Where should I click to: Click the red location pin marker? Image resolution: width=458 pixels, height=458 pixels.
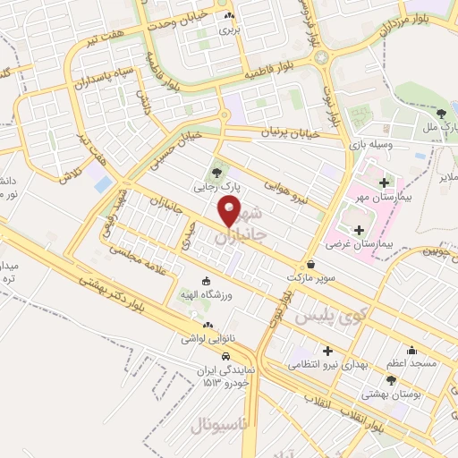click(x=230, y=212)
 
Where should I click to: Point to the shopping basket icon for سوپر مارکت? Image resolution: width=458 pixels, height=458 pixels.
click(x=310, y=265)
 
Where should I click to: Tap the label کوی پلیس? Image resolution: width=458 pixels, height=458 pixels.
click(x=343, y=315)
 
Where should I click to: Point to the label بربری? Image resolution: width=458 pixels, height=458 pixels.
click(x=231, y=30)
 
